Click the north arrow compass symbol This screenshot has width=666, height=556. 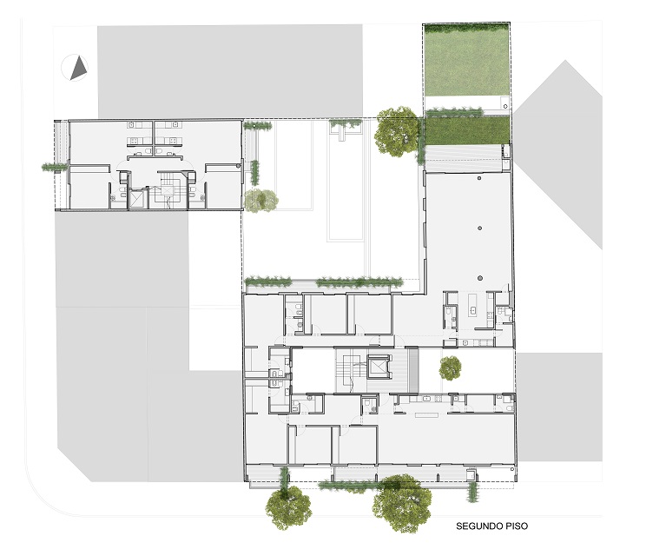pos(75,68)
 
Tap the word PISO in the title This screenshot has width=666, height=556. pos(517,526)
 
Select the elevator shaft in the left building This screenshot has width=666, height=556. pos(137,199)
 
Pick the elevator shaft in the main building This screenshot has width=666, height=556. pos(378,367)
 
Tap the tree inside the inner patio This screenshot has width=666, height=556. pos(450,368)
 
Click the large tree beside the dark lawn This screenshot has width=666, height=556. pos(398,131)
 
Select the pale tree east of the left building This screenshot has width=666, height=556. pos(261,200)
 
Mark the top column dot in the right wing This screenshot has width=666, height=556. pos(479,178)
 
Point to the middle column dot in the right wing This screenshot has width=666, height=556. pos(479,228)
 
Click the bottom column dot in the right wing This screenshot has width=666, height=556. pos(479,278)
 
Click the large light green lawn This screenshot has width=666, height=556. pos(467,60)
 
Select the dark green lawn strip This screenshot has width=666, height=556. pos(467,130)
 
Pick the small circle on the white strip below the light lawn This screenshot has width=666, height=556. pos(505,106)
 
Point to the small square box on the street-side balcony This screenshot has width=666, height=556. pos(471,473)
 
